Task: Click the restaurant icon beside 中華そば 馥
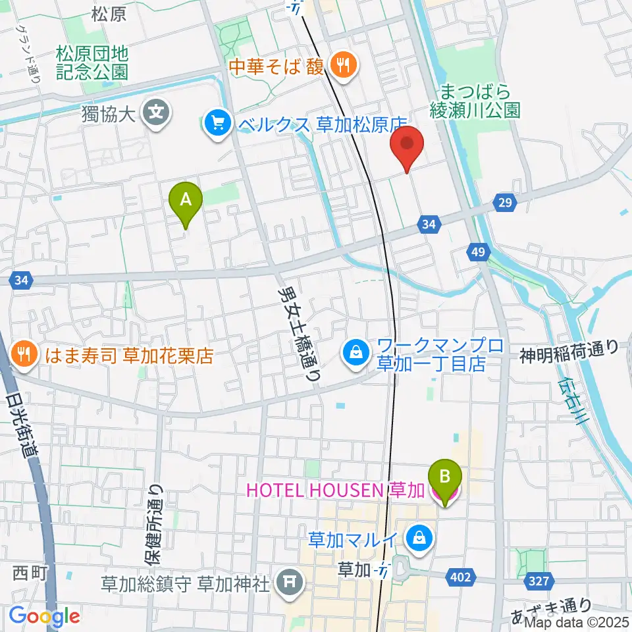coord(342,65)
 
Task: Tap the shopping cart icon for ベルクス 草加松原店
coord(217,123)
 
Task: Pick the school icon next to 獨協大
coord(158,112)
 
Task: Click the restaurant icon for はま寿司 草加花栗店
coord(24,356)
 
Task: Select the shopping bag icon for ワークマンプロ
coord(355,353)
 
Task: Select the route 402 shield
coord(461,577)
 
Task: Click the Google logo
coord(44,616)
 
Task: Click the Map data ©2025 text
coord(575,621)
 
